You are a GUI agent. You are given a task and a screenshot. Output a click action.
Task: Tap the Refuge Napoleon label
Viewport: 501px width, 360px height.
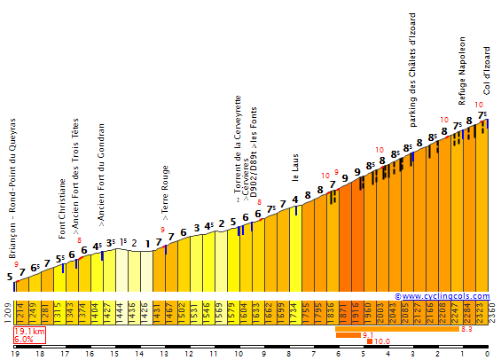pyautogui.click(x=462, y=67)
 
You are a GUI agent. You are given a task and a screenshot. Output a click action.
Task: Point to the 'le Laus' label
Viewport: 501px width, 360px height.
pyautogui.click(x=294, y=165)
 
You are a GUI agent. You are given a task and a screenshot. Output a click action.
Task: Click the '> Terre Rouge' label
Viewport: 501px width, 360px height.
pyautogui.click(x=165, y=192)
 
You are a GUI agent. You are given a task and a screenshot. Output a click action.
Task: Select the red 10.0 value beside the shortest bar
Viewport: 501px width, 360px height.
pyautogui.click(x=382, y=341)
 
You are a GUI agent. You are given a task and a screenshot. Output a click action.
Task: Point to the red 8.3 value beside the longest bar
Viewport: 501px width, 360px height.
pyautogui.click(x=466, y=329)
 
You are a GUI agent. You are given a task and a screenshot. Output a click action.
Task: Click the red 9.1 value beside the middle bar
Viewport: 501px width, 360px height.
pyautogui.click(x=368, y=335)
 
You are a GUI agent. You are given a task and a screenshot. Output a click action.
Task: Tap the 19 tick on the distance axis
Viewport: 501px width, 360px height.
pyautogui.click(x=15, y=353)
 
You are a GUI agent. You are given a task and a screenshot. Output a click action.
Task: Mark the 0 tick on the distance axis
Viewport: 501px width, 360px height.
pyautogui.click(x=487, y=353)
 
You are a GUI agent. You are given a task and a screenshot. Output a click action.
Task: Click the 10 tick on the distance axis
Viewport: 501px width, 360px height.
pyautogui.click(x=239, y=353)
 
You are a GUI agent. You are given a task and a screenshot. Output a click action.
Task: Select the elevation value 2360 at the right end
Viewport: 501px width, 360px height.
pyautogui.click(x=492, y=311)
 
